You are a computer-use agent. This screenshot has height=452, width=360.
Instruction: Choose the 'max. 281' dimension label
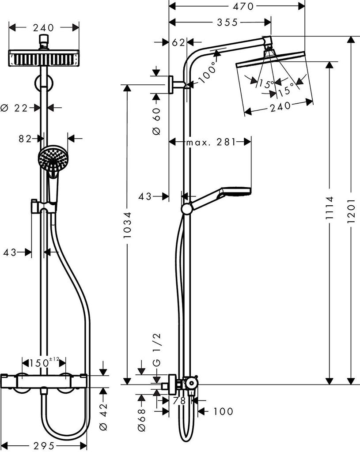[x=210, y=142]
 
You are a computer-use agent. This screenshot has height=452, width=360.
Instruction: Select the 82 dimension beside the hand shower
[x=25, y=139]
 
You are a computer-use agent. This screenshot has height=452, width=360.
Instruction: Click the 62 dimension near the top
[x=178, y=42]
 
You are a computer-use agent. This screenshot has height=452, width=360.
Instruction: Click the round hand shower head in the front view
[x=50, y=158]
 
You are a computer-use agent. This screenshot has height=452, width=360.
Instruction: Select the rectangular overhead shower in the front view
[x=44, y=58]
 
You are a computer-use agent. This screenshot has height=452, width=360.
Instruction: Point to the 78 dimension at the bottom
[x=179, y=401]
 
